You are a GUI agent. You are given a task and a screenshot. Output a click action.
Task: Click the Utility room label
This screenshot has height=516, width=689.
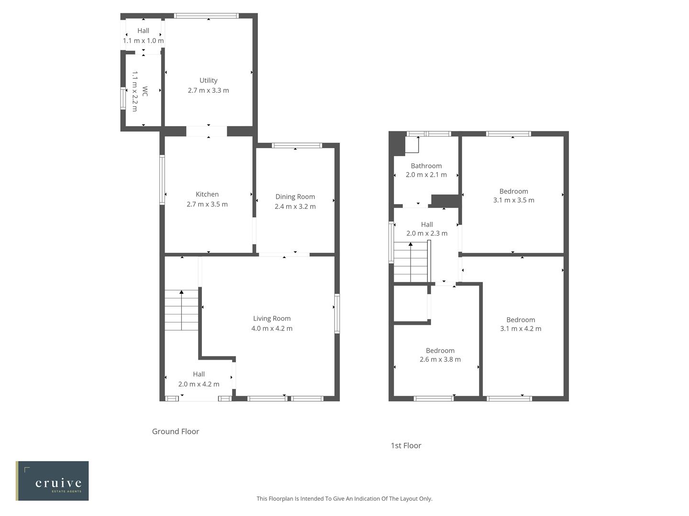click(208, 80)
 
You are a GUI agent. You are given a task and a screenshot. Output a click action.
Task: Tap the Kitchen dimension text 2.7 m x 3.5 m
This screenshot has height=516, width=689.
click(207, 204)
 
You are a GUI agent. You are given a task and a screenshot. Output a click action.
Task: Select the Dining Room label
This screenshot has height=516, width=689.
click(295, 196)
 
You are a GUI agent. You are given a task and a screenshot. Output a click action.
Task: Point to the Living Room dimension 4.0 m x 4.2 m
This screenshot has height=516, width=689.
click(272, 328)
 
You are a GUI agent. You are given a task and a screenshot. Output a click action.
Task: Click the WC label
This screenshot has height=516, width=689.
click(144, 91)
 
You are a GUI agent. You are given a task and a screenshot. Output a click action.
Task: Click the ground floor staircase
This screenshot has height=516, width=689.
click(181, 310)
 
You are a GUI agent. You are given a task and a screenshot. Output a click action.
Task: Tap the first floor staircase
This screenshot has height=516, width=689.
click(411, 262)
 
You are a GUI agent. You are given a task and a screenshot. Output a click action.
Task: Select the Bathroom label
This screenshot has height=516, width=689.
click(426, 166)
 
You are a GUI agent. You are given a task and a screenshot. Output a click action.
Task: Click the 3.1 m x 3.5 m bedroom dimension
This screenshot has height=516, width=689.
click(513, 200)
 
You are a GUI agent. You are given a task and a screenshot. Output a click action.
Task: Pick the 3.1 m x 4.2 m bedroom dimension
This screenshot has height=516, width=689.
click(521, 328)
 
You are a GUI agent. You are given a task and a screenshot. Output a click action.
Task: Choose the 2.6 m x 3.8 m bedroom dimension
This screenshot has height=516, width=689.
click(440, 359)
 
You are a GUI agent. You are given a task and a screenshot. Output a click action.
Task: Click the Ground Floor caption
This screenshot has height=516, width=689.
click(176, 431)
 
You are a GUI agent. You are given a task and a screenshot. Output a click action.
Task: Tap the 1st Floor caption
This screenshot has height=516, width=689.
click(406, 445)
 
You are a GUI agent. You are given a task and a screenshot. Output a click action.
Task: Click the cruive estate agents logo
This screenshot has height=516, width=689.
click(52, 481)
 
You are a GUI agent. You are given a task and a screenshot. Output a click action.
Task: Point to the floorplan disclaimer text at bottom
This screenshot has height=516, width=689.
click(344, 498)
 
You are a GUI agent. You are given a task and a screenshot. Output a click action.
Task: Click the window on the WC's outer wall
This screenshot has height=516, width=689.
click(123, 98)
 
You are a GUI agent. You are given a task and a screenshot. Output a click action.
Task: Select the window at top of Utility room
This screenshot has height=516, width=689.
click(206, 16)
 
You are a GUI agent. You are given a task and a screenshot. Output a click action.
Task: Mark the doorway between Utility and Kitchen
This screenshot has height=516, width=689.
click(206, 131)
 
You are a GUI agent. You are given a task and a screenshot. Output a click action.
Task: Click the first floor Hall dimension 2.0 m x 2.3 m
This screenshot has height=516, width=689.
click(427, 233)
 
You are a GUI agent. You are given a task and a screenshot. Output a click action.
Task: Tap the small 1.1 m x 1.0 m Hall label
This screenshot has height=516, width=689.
click(143, 41)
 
